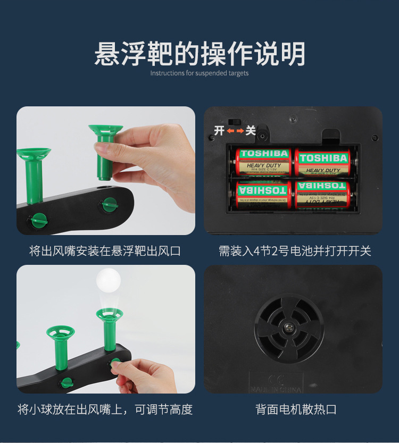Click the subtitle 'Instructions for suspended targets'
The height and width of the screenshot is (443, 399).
199,73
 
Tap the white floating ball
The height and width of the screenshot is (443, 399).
108,280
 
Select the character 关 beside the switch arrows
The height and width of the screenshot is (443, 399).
250,130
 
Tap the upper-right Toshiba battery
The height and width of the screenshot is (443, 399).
323,163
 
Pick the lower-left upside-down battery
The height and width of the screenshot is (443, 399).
264,194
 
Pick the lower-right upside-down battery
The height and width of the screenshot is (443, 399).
322,195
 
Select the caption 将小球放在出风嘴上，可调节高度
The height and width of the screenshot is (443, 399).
105,409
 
